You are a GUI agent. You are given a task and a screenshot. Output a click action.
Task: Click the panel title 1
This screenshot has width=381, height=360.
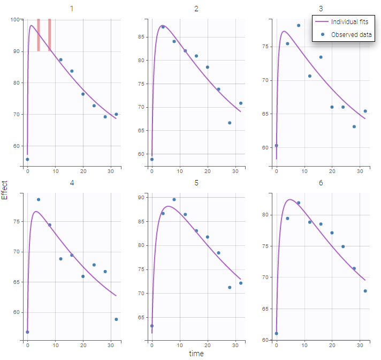pyautogui.click(x=72, y=9)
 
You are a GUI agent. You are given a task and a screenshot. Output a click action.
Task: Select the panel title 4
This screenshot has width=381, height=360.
pyautogui.click(x=72, y=183)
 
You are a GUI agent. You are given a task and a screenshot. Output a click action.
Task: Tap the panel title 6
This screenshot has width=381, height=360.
pyautogui.click(x=321, y=183)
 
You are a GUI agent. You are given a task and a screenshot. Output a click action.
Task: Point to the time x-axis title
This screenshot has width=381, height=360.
pyautogui.click(x=196, y=354)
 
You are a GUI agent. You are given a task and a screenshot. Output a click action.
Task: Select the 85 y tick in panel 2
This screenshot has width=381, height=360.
pyautogui.click(x=140, y=37)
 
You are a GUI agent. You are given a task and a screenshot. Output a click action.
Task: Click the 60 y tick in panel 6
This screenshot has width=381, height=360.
pyautogui.click(x=265, y=340)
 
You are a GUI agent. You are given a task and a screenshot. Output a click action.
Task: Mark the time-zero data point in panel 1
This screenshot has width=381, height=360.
pyautogui.click(x=27, y=159)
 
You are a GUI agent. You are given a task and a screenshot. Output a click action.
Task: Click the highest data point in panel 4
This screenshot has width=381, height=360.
pyautogui.click(x=39, y=200)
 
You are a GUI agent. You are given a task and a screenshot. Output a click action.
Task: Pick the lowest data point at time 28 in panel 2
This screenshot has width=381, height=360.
pyautogui.click(x=230, y=123)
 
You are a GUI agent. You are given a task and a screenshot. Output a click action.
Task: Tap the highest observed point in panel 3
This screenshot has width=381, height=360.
pyautogui.click(x=299, y=25)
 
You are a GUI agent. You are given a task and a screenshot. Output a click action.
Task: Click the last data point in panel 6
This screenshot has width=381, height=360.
pyautogui.click(x=365, y=291)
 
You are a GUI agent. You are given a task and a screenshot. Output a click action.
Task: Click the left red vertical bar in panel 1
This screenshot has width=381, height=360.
pyautogui.click(x=39, y=35)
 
